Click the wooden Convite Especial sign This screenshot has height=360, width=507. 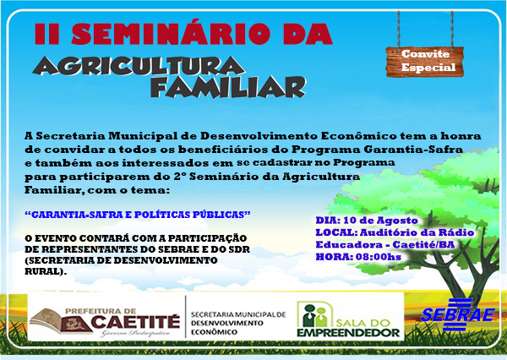426,60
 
